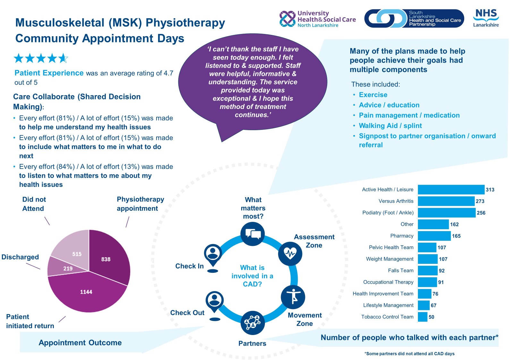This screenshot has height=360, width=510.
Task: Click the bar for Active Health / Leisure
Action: tap(451, 189)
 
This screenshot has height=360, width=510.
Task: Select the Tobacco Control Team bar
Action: tap(422, 317)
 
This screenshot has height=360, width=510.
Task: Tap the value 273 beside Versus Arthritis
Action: tap(480, 201)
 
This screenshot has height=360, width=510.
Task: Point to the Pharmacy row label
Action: tap(402, 236)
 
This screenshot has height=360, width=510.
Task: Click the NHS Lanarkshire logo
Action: tap(486, 18)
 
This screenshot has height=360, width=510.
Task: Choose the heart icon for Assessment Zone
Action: tap(290, 254)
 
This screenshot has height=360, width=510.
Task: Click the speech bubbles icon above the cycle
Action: tap(252, 234)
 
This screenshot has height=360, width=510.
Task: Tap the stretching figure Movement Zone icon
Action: tap(293, 297)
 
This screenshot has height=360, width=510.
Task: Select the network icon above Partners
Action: tap(252, 322)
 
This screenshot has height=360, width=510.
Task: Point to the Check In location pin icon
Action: tap(213, 255)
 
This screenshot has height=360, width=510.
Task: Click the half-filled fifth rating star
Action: tap(63, 58)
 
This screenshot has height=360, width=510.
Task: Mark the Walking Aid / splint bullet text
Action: tap(390, 126)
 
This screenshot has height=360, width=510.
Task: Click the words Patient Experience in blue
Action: tap(49, 73)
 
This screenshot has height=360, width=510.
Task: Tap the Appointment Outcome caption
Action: tap(80, 343)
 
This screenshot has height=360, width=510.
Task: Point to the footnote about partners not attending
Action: tap(409, 354)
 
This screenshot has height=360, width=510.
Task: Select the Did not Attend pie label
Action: tap(34, 204)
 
